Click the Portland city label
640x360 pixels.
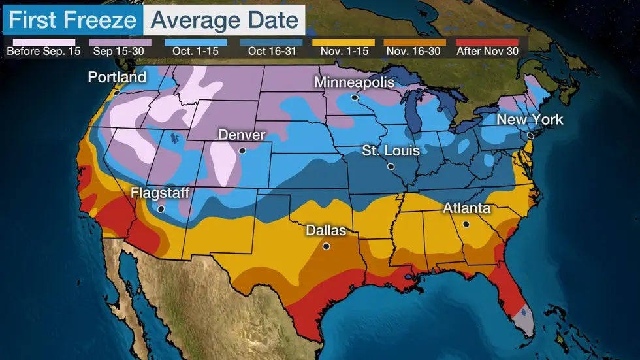click(117, 77)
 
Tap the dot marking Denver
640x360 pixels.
click(242, 150)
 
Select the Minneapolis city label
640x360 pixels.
click(354, 82)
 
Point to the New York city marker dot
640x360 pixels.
click(531, 135)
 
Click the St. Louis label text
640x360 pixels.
click(391, 151)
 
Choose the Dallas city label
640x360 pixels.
click(326, 231)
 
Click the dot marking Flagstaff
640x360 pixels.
click(161, 209)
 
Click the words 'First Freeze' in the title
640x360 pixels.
click(72, 20)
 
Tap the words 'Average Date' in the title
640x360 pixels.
click(225, 20)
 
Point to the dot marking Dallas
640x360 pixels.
click(326, 246)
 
